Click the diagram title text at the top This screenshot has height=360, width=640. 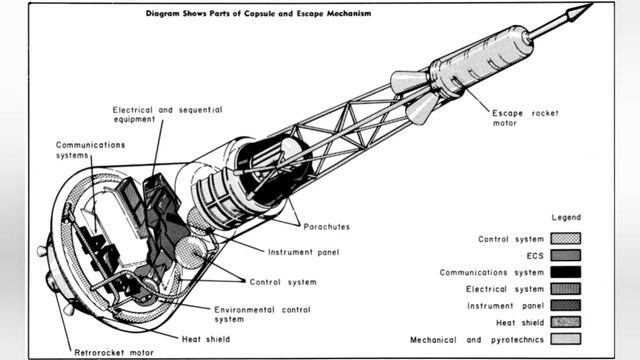258,13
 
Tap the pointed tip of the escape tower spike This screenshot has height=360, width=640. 591,5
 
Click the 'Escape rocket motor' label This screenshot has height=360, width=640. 525,118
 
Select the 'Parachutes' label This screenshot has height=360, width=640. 327,227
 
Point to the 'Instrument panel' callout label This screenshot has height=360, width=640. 303,252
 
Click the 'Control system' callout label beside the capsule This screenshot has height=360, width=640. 283,282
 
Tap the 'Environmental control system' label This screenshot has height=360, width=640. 262,315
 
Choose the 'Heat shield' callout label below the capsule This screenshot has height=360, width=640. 206,339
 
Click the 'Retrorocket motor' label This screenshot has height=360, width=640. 114,353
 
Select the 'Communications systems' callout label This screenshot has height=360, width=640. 90,150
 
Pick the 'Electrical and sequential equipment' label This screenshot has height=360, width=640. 167,114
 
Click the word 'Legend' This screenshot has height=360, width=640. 566,218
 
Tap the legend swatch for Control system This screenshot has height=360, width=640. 565,239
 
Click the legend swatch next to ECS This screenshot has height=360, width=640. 565,256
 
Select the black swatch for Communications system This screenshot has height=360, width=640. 565,272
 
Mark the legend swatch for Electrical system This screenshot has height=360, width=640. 565,289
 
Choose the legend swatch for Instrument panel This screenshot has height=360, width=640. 565,306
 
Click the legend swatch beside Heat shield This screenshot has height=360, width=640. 565,322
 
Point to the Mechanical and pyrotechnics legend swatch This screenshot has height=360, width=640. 565,339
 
